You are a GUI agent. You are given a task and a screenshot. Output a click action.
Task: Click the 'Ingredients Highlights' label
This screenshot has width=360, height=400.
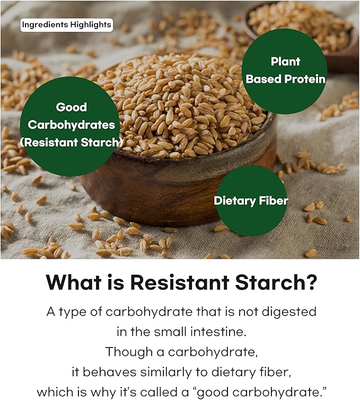click(x=67, y=25)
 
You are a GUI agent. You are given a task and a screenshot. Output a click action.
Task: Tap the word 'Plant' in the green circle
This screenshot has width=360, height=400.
click(x=285, y=62)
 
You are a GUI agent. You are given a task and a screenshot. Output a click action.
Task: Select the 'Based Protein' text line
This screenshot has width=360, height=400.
click(x=286, y=79)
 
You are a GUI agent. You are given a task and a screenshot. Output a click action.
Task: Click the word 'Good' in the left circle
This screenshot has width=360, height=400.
click(x=72, y=107)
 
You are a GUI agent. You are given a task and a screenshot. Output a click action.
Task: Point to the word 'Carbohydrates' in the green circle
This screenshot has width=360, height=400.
click(x=72, y=125)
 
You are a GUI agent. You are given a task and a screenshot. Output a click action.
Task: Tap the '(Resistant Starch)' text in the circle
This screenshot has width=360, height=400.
click(x=72, y=142)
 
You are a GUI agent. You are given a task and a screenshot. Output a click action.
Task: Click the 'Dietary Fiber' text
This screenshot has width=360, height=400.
click(x=251, y=201)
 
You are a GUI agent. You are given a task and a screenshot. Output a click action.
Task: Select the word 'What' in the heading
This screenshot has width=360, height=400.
click(x=74, y=282)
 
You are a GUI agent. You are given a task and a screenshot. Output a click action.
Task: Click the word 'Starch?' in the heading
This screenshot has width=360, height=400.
click(x=276, y=282)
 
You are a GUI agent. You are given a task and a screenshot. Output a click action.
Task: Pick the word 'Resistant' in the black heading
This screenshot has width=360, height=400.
click(x=180, y=282)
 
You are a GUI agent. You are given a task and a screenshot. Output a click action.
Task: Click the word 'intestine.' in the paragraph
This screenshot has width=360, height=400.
click(x=218, y=332)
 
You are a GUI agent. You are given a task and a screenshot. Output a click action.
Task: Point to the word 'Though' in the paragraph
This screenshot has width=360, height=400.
click(x=129, y=352)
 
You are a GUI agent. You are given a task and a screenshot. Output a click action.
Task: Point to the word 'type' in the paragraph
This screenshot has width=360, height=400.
click(x=73, y=312)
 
